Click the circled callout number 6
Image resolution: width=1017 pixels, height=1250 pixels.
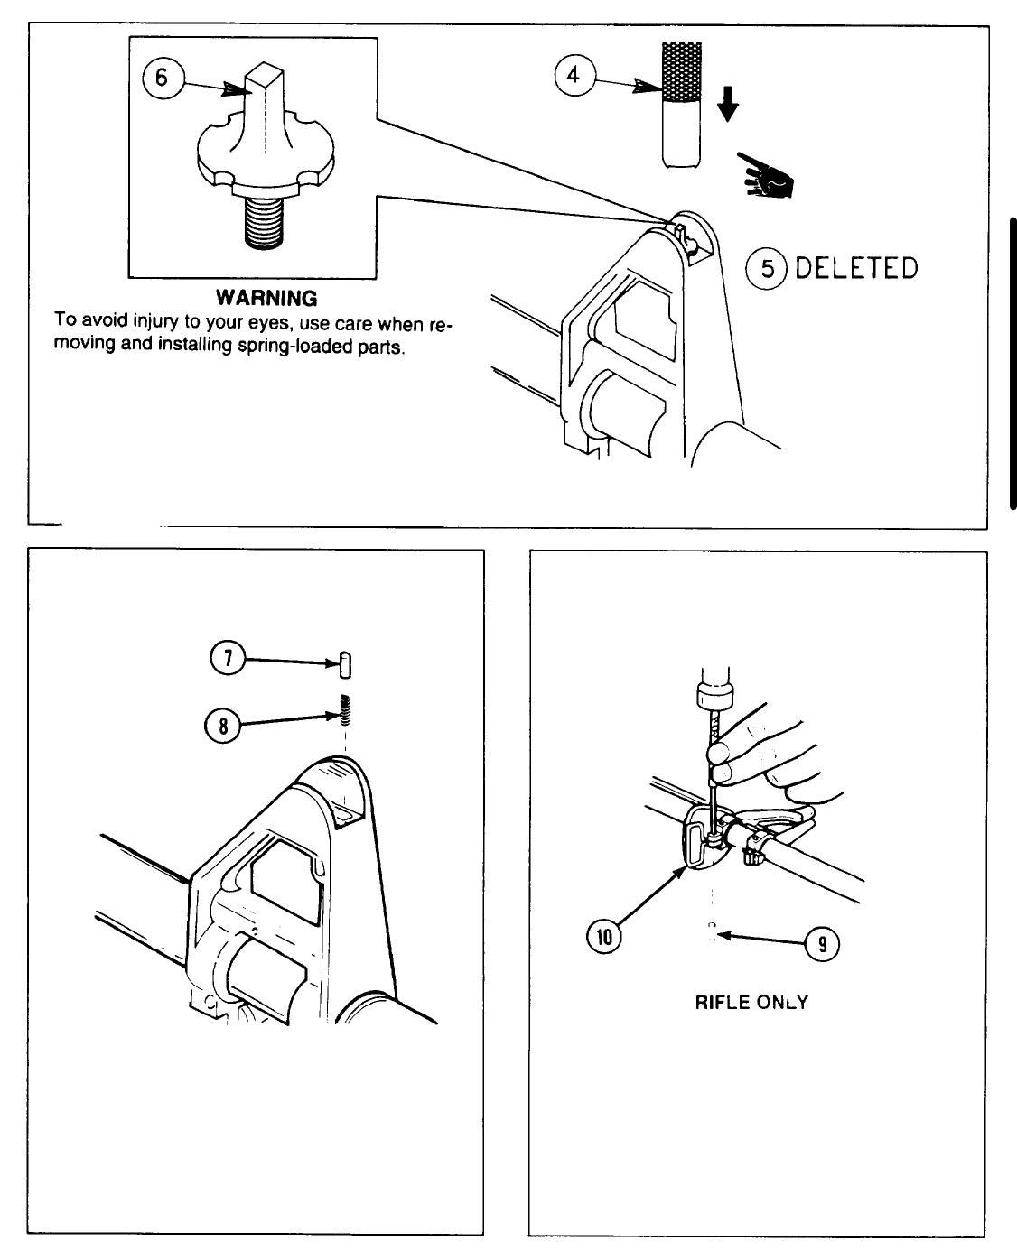click(162, 79)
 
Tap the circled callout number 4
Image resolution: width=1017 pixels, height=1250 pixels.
click(573, 75)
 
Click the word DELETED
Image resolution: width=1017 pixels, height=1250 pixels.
click(856, 268)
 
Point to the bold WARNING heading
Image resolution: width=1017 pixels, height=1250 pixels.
click(266, 298)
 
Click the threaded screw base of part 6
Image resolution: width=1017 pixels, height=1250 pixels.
click(266, 220)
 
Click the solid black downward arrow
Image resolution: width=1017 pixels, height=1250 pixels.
click(728, 107)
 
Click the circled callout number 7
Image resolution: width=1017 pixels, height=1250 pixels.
click(228, 659)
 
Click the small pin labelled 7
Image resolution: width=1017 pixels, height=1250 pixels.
click(345, 665)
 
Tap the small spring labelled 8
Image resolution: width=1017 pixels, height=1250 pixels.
click(346, 712)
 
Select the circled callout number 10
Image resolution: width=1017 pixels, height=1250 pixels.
click(604, 937)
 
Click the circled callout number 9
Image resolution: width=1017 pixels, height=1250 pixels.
click(822, 944)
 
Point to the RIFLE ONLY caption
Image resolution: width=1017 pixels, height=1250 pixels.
click(751, 1002)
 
